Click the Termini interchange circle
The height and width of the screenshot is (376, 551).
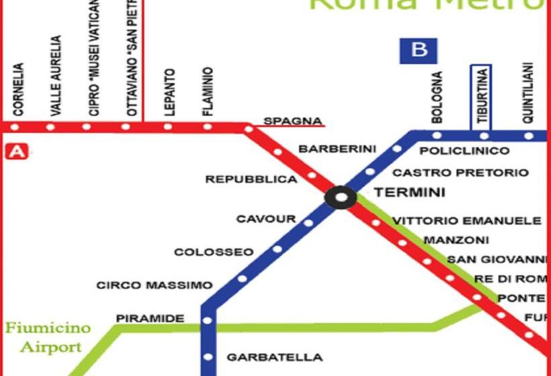pos(341,197)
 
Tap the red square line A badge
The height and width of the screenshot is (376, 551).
pos(15,152)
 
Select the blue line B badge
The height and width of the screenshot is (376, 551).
pos(419,50)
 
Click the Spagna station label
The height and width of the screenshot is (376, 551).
pos(292,121)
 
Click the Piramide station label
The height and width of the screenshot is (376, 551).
pos(150,318)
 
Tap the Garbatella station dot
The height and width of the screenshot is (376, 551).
pos(208,357)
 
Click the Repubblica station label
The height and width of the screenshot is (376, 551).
pos(251,179)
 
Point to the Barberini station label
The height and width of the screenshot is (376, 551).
pos(337,148)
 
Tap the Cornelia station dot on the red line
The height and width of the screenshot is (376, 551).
pos(15,126)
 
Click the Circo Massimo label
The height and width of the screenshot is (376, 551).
pos(155,285)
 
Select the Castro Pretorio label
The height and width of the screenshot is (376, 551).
pos(460,173)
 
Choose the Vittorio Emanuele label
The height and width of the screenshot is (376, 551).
pos(467,220)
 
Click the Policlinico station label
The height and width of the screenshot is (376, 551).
pos(464,150)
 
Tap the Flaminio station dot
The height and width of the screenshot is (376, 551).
pos(208,126)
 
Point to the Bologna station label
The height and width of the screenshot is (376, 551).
pos(437,97)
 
